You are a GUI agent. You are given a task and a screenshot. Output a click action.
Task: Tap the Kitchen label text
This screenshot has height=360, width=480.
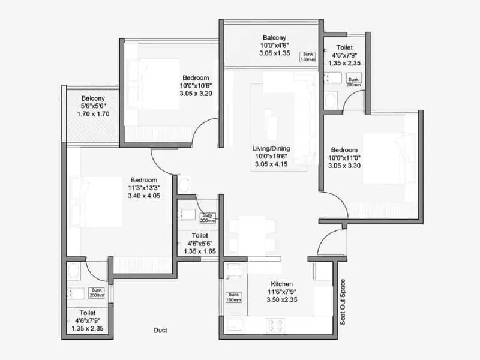(281, 284)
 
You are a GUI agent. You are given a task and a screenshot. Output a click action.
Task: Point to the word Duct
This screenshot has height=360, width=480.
(160, 330)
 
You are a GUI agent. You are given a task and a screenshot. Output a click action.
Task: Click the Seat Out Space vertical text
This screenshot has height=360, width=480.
(343, 302)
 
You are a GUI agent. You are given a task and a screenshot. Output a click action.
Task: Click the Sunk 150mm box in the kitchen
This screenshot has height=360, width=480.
(233, 297)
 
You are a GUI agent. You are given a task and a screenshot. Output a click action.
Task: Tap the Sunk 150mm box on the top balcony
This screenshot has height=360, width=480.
(308, 56)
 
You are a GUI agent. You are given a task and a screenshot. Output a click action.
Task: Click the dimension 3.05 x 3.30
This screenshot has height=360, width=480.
(344, 166)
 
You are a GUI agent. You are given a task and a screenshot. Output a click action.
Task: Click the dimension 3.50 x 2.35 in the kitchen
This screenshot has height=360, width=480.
(281, 299)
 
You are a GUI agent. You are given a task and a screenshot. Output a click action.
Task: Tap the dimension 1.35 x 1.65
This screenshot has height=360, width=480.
(200, 251)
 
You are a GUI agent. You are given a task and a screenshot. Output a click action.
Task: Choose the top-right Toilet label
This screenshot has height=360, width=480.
(344, 47)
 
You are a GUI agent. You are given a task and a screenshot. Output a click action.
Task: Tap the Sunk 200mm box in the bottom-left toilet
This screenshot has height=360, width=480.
(97, 293)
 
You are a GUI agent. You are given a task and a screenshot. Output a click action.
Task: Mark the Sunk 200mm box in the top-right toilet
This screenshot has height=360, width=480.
(353, 82)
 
